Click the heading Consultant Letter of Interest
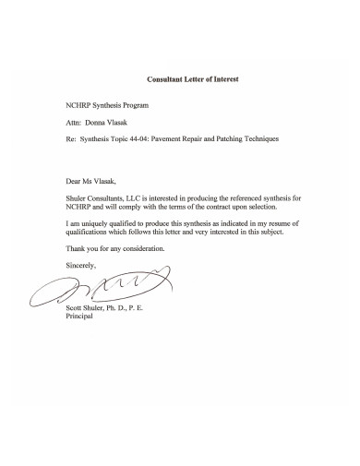[193, 79]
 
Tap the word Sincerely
[81, 265]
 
